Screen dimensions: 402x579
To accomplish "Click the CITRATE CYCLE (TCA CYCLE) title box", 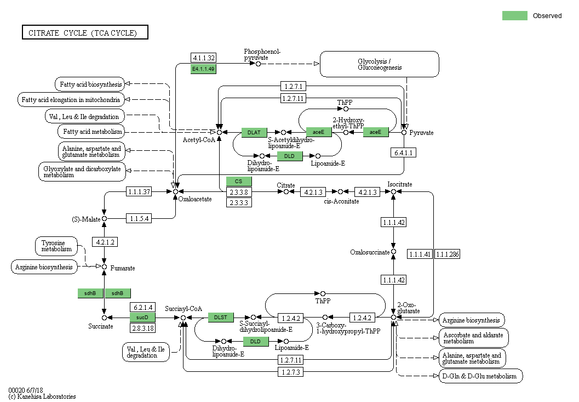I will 85,33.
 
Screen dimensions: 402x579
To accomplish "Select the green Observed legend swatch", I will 514,15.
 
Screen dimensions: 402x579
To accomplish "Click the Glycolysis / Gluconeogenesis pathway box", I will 379,64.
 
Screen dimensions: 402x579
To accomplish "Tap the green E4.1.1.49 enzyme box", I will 203,69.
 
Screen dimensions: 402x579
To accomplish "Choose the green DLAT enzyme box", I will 254,132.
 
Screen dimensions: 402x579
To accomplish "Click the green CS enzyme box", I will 239,182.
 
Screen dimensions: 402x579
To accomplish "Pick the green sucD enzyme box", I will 142,318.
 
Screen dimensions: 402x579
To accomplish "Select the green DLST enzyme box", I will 221,318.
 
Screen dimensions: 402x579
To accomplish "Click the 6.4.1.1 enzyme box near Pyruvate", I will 404,152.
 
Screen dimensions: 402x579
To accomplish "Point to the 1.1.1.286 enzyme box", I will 448,254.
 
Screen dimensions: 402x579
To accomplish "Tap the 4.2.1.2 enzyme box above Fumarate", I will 104,242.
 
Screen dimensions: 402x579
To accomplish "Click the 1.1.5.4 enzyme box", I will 139,218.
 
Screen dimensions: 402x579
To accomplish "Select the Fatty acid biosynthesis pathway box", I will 89,84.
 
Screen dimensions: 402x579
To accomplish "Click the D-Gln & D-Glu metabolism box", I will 480,376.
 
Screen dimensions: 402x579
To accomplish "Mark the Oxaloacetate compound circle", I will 175,191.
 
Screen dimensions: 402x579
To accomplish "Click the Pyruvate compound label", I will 421,133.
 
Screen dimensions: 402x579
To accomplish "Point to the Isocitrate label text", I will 399,184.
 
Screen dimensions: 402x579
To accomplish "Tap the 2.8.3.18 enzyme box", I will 142,328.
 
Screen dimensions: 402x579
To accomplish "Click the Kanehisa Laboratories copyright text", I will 42,396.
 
